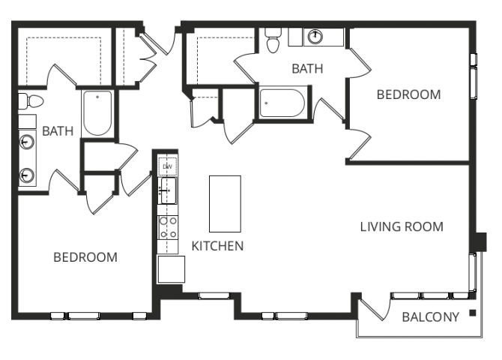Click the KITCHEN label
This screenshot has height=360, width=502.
click(x=217, y=245)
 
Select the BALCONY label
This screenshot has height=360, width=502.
click(x=430, y=317)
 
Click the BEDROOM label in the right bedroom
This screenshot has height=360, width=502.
click(x=408, y=94)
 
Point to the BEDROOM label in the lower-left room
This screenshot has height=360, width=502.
click(x=85, y=257)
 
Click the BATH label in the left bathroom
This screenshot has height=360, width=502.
click(x=58, y=131)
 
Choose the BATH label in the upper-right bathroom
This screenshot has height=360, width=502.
click(x=307, y=69)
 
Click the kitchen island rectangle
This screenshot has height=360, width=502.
click(x=225, y=203)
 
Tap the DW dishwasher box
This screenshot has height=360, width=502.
click(x=169, y=166)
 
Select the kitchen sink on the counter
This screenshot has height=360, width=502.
click(x=169, y=190)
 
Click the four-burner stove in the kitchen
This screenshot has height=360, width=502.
click(x=169, y=226)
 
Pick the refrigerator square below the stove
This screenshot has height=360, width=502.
click(x=171, y=268)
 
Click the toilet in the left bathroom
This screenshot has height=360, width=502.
click(x=24, y=102)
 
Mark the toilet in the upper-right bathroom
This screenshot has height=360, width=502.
click(x=272, y=40)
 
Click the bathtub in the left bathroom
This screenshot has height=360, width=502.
click(x=97, y=114)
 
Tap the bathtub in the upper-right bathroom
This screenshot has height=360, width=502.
click(x=282, y=103)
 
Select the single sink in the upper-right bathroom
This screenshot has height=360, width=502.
click(x=316, y=36)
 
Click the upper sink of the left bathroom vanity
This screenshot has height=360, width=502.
click(x=28, y=140)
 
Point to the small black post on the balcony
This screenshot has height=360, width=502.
click(x=473, y=312)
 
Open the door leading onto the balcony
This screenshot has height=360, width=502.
click(x=375, y=307)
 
